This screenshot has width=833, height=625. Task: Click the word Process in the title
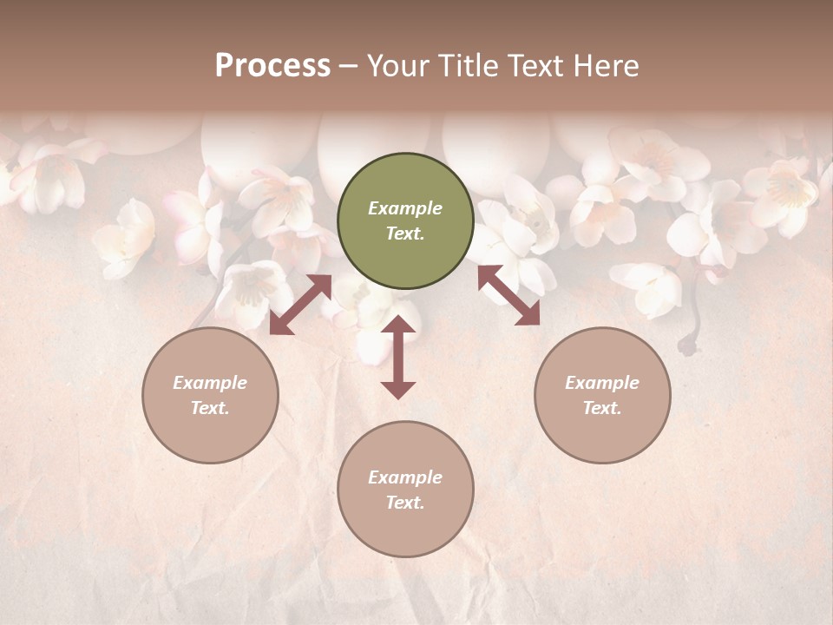tap(272, 66)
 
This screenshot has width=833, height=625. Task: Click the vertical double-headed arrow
tap(398, 357)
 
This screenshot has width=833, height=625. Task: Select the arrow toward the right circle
tap(508, 295)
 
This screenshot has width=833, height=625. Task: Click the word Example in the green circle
tap(405, 208)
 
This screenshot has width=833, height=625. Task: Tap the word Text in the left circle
tap(210, 408)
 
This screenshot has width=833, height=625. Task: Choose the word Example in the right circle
tap(602, 383)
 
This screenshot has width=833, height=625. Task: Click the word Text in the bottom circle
tap(405, 503)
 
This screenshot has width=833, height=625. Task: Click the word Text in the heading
tap(536, 66)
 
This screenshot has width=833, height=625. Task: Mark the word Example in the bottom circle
tap(405, 477)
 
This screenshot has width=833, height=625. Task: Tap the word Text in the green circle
tap(405, 234)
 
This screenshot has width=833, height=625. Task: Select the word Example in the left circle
tap(210, 383)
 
